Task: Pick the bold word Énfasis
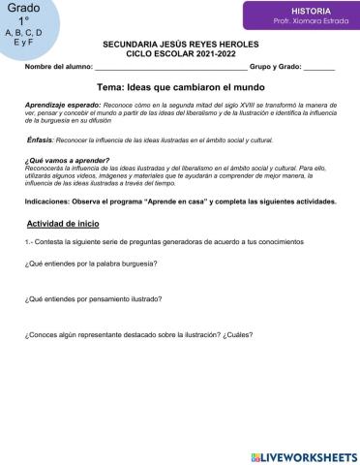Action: point(40,139)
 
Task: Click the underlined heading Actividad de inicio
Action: point(65,224)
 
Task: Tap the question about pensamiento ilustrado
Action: point(93,300)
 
